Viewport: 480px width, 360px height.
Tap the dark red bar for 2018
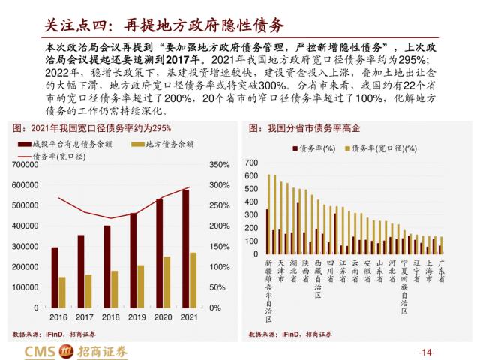(106, 266)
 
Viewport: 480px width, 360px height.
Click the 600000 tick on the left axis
(26, 185)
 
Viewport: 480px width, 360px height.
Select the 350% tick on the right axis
(219, 164)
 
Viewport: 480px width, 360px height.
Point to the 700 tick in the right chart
(252, 163)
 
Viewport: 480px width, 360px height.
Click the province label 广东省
(441, 271)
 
